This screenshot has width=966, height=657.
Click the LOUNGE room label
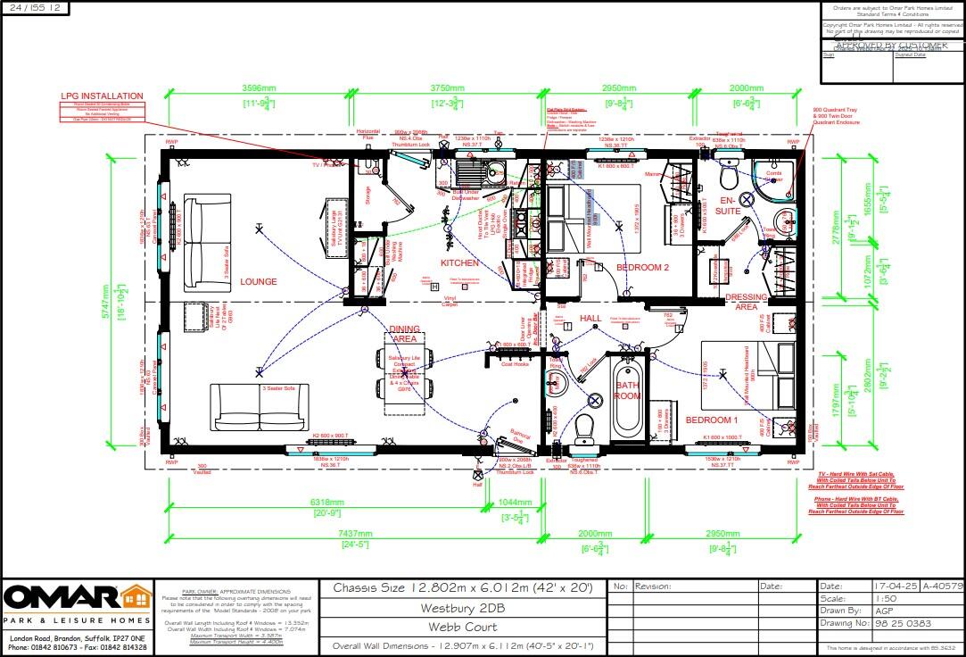tap(258, 281)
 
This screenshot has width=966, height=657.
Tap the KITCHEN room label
tap(459, 263)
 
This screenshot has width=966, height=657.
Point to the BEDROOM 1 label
tap(711, 420)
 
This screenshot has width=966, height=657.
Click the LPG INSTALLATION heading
tap(102, 96)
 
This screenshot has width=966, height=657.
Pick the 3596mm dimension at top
tap(259, 88)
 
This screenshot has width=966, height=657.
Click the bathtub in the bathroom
tap(627, 397)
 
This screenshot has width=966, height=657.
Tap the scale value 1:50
tap(886, 598)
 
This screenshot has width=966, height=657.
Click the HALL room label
tap(590, 319)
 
